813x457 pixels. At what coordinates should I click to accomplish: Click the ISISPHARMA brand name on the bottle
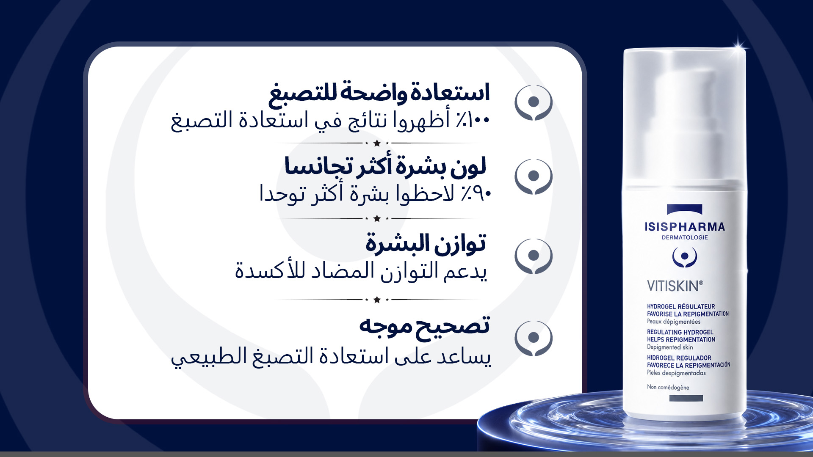tap(685, 227)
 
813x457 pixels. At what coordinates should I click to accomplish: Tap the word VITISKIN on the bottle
tap(675, 286)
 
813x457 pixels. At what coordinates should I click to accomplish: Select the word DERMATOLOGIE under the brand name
tap(685, 237)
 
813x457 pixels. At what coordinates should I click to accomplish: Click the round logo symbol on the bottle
tap(685, 256)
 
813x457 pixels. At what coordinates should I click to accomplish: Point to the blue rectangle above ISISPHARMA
tap(685, 209)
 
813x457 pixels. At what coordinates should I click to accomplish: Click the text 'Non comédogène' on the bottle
tap(668, 387)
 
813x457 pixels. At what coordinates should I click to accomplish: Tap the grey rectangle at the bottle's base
tap(686, 398)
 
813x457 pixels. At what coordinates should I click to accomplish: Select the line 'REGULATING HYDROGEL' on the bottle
tap(680, 332)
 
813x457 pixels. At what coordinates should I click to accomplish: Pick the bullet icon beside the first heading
tap(534, 102)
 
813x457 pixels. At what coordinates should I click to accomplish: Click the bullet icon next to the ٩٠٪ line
tap(534, 176)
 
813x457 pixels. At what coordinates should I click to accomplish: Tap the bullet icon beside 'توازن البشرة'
tap(534, 256)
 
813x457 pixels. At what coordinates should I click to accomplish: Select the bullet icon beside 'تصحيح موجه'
tap(534, 338)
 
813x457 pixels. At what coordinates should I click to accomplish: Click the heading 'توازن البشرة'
tap(426, 244)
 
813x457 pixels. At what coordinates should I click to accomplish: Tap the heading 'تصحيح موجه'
tap(424, 326)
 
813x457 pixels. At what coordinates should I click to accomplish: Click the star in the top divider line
tap(377, 143)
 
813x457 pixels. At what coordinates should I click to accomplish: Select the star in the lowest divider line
tap(377, 300)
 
